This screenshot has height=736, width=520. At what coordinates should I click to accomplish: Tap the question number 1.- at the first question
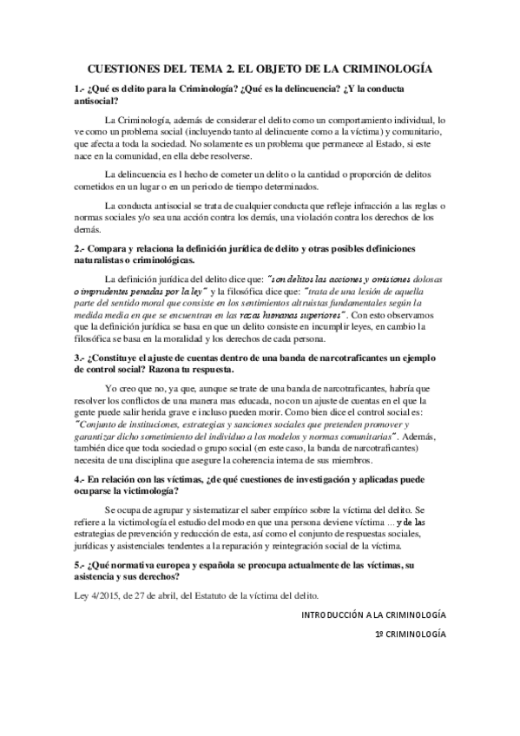[81, 89]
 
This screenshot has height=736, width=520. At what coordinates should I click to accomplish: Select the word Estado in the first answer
[402, 142]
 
